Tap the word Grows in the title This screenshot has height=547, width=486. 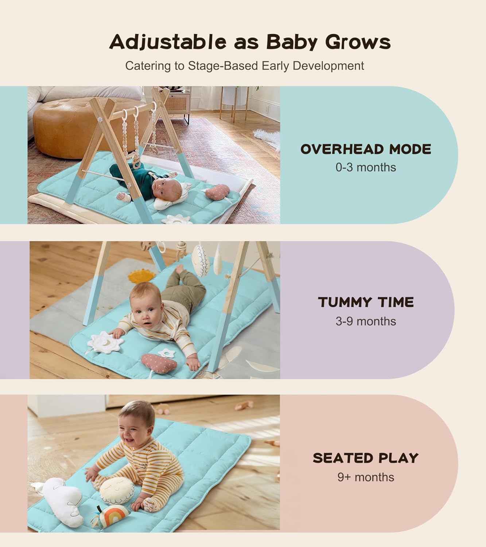[358, 42]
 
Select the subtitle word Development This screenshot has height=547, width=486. [328, 66]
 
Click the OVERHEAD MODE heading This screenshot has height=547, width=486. [366, 149]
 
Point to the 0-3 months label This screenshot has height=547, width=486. [366, 167]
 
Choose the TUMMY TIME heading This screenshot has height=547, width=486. [366, 302]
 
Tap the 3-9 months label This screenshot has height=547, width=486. [366, 321]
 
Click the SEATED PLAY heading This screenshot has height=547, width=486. [366, 458]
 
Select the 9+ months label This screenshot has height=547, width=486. [366, 477]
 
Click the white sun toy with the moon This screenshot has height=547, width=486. [106, 343]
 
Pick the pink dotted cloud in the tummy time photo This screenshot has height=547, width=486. [159, 363]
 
